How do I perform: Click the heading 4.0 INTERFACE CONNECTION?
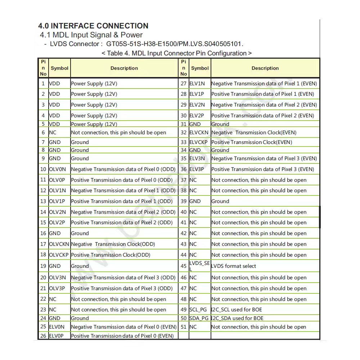(93, 26)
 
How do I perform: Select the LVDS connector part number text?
(175, 44)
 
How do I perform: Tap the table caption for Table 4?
(176, 53)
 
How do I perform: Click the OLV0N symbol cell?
(58, 169)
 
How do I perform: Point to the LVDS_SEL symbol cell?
(199, 266)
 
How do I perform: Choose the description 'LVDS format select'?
(234, 266)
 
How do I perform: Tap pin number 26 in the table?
(43, 336)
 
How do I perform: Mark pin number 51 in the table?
(184, 327)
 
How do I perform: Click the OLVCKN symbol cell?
(59, 244)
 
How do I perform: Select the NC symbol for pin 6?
(53, 132)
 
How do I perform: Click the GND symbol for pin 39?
(195, 201)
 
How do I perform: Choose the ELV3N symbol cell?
(197, 158)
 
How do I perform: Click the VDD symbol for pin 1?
(55, 84)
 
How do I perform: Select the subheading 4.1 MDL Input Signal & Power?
(91, 35)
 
